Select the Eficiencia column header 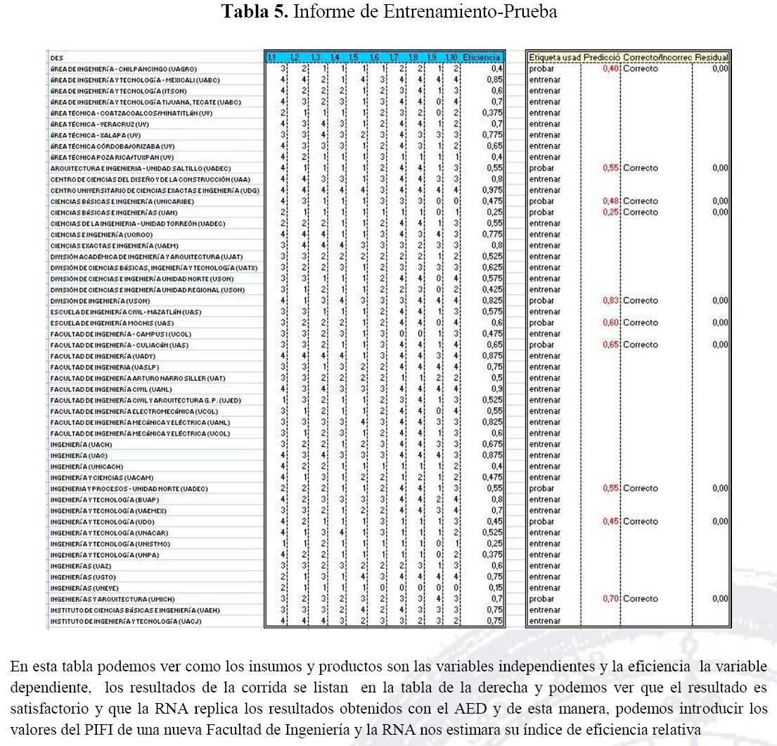pos(486,57)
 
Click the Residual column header pos(713,57)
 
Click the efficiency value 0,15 pos(496,588)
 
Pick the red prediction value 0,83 pos(610,301)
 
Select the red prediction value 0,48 pos(610,201)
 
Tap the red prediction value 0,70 pos(610,599)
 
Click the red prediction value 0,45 pos(610,521)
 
